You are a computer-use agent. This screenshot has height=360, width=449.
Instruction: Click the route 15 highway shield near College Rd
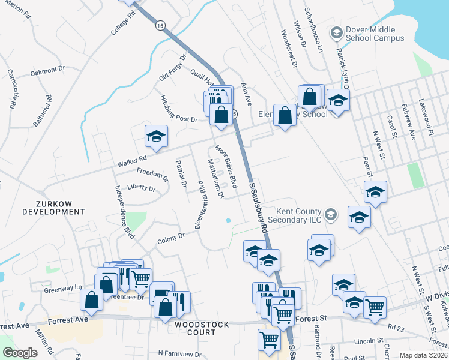click(x=159, y=25)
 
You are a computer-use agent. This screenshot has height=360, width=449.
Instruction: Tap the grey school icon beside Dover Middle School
click(x=336, y=32)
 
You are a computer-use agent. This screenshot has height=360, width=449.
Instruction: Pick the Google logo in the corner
click(x=20, y=353)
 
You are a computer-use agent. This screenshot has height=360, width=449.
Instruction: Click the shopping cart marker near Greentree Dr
click(x=140, y=278)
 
